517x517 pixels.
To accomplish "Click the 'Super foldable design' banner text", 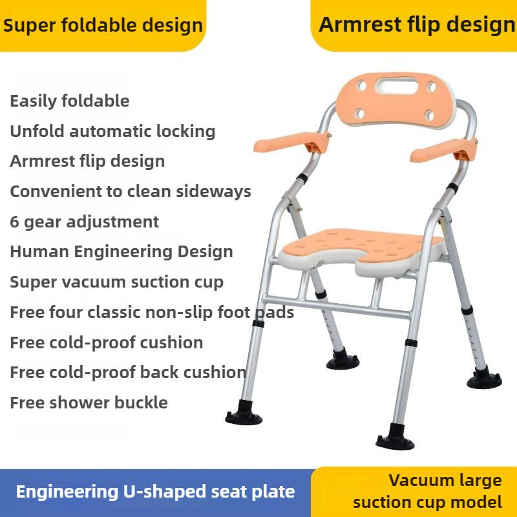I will [103, 26].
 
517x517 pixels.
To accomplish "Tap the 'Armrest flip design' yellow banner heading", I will [417, 25].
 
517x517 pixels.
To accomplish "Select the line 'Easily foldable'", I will [70, 101].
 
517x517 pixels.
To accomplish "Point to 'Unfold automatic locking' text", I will [112, 131].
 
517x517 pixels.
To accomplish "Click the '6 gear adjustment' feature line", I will [84, 222].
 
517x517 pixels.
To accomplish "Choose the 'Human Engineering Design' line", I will [121, 251].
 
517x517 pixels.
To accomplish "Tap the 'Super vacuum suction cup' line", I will [116, 282].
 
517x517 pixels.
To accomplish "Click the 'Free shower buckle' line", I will [89, 403].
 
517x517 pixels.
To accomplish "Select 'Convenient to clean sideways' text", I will [131, 191].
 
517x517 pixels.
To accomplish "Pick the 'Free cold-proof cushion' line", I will [107, 342].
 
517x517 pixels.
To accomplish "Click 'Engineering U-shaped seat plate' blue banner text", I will [155, 491].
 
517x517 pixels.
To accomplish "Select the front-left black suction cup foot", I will [244, 414].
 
